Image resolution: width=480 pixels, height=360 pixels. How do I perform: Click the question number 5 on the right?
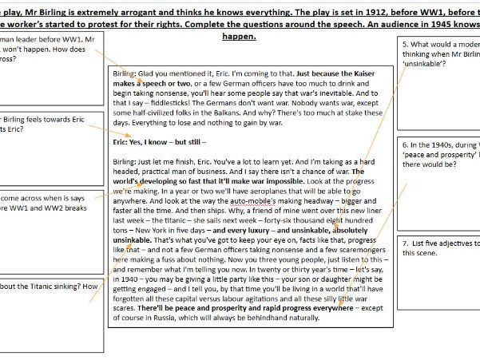coord(406,45)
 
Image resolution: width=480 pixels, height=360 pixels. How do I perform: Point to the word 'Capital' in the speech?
coord(178,299)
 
